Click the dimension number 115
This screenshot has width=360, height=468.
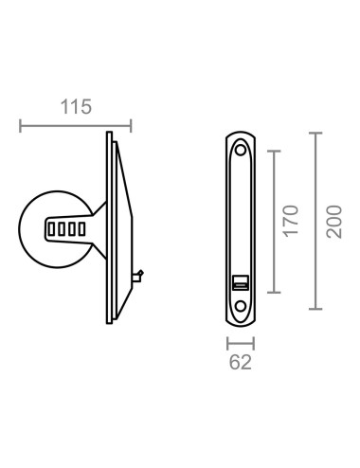(77, 106)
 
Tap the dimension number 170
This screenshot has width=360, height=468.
(291, 220)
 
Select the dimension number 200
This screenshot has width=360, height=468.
(333, 221)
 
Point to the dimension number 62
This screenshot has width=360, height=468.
(240, 361)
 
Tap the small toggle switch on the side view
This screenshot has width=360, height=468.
(139, 276)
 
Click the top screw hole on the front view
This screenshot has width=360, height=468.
(240, 149)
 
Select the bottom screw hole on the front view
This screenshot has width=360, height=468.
(240, 306)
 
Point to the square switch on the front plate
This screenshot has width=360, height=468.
(240, 281)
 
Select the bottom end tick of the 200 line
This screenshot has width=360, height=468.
(315, 309)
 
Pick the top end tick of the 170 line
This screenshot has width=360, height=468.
(274, 151)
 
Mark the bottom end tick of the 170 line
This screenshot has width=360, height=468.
(274, 291)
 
